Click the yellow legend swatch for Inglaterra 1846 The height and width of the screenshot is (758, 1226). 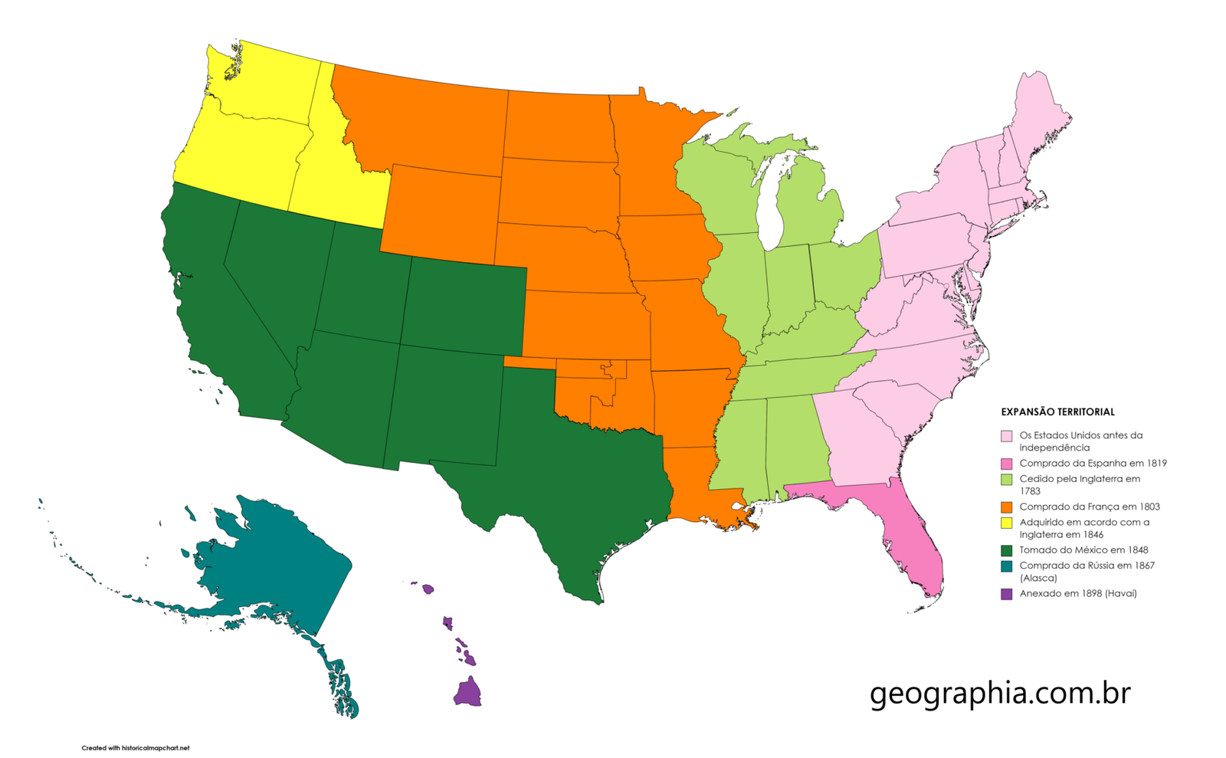[x=1006, y=523]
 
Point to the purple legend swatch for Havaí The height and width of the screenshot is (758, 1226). [x=1006, y=594]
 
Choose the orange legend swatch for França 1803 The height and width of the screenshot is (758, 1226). [x=1006, y=507]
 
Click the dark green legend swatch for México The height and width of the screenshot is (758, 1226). [x=1006, y=550]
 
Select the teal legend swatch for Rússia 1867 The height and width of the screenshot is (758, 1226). [x=1006, y=566]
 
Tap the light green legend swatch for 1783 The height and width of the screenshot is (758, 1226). [x=1006, y=479]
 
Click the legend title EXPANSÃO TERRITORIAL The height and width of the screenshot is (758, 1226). [x=1057, y=412]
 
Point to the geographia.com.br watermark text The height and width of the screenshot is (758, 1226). [x=1000, y=693]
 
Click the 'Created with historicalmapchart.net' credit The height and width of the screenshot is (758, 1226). [x=136, y=748]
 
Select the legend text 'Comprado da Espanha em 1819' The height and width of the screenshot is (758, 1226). [x=1093, y=463]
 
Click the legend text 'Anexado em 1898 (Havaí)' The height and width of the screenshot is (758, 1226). [x=1077, y=594]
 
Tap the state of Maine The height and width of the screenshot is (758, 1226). [x=1038, y=115]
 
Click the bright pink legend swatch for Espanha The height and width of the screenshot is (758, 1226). [x=1006, y=464]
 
